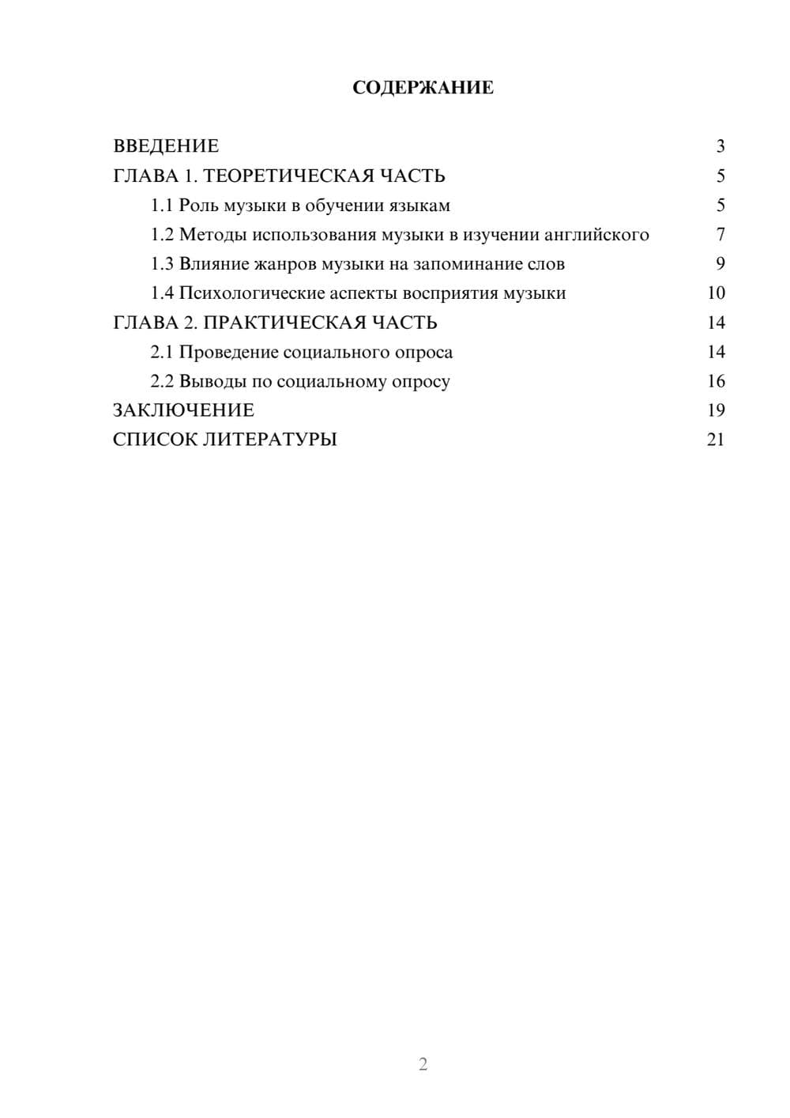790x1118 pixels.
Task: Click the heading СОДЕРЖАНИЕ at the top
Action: (423, 88)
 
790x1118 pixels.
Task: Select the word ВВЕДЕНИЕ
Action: (166, 146)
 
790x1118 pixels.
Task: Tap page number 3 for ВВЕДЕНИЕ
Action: (720, 146)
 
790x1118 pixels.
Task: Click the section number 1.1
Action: (162, 206)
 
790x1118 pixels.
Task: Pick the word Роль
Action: (198, 206)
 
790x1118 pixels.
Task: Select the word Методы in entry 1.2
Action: (213, 235)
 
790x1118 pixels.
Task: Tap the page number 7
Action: (720, 235)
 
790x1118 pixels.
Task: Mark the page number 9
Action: (720, 264)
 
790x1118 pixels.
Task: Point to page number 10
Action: (716, 293)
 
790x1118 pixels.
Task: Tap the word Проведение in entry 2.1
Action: (228, 352)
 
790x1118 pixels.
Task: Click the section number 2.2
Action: (162, 381)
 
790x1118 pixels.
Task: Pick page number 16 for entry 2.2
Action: (716, 381)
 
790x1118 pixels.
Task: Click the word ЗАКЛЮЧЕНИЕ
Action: (183, 410)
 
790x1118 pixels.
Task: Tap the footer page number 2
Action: (423, 1064)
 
